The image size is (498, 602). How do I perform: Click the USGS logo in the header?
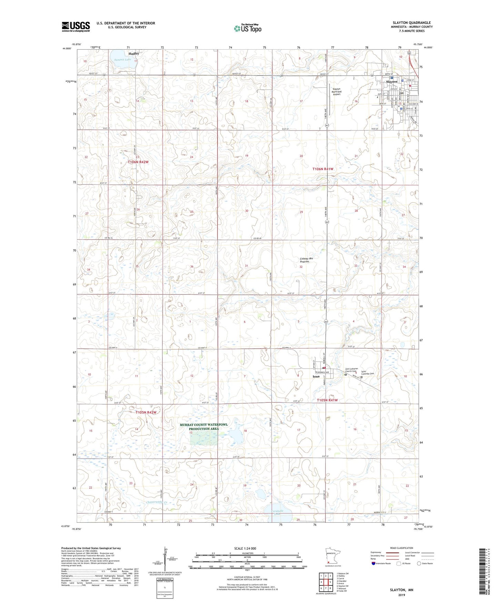point(76,27)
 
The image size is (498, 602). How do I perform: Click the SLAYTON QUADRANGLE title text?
point(411,23)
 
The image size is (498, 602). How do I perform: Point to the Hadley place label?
point(134,54)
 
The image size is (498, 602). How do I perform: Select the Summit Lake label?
point(123,60)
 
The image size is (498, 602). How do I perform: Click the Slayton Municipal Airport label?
point(336,91)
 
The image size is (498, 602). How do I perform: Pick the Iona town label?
point(316,377)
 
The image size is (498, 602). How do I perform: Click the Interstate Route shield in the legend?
point(374,564)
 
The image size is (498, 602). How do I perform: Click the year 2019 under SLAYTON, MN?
point(402,595)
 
